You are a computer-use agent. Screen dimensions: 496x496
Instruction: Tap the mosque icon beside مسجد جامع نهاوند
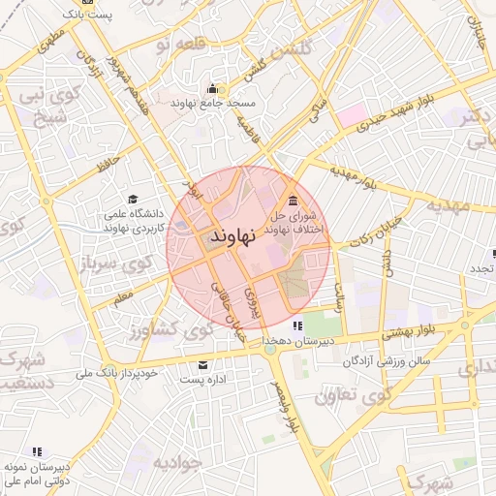pyautogui.click(x=212, y=91)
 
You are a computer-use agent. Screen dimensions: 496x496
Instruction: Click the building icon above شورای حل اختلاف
pyautogui.click(x=293, y=200)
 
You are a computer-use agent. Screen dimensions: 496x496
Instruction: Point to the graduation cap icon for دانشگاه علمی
pyautogui.click(x=132, y=199)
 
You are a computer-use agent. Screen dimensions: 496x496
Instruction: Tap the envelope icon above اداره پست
pyautogui.click(x=203, y=365)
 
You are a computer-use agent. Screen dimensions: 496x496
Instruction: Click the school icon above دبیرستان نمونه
pyautogui.click(x=37, y=451)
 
